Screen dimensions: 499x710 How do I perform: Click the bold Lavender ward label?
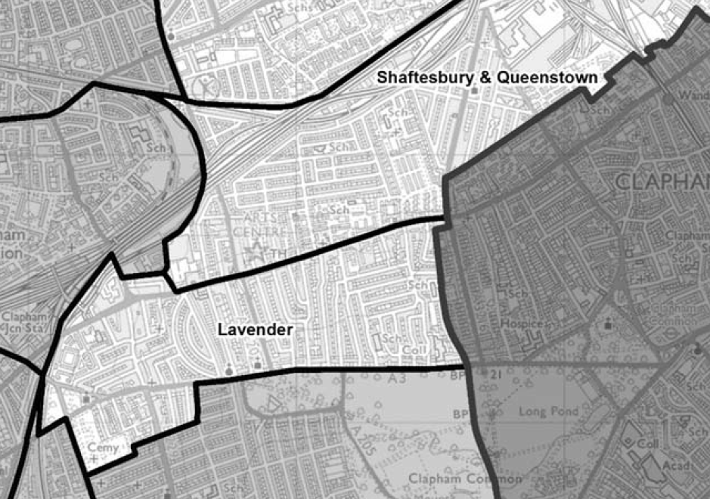click(x=254, y=330)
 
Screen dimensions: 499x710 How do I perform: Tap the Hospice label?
click(x=522, y=324)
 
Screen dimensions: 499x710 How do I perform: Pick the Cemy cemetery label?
click(x=104, y=448)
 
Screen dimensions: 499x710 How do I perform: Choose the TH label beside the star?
click(x=277, y=255)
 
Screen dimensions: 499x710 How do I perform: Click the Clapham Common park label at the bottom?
click(x=465, y=479)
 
